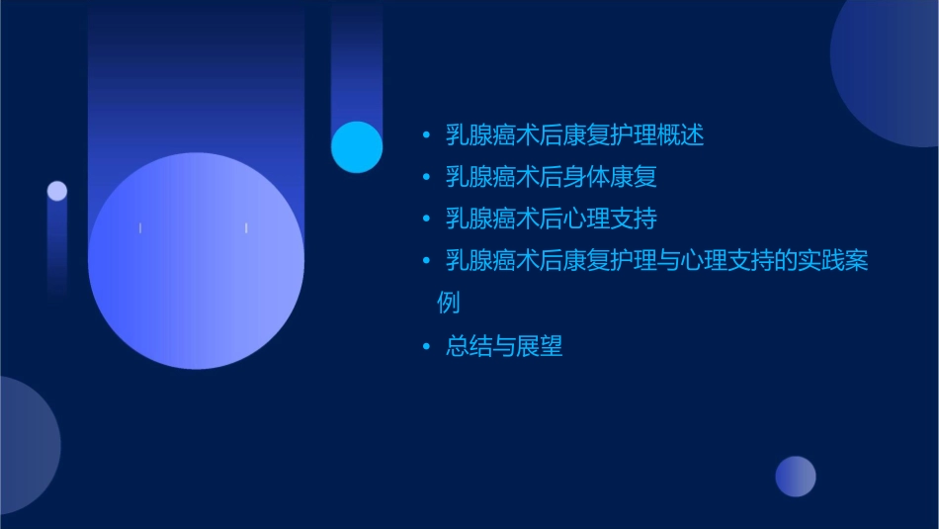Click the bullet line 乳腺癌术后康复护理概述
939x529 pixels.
(x=574, y=135)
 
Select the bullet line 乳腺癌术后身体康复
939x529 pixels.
(x=551, y=177)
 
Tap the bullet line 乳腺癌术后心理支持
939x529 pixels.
(x=551, y=219)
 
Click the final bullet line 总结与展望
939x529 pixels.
(x=504, y=346)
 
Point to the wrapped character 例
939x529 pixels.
(x=449, y=303)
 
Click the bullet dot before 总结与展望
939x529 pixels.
(x=426, y=347)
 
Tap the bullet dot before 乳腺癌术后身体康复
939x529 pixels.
(x=426, y=178)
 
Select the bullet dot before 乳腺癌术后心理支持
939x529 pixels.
(x=426, y=220)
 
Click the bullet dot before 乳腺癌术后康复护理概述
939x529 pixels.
(x=426, y=136)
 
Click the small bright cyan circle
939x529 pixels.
(x=357, y=146)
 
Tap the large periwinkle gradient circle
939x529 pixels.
(x=196, y=260)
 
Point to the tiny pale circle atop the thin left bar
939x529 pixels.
(x=57, y=191)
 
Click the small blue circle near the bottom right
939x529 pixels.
(x=796, y=477)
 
